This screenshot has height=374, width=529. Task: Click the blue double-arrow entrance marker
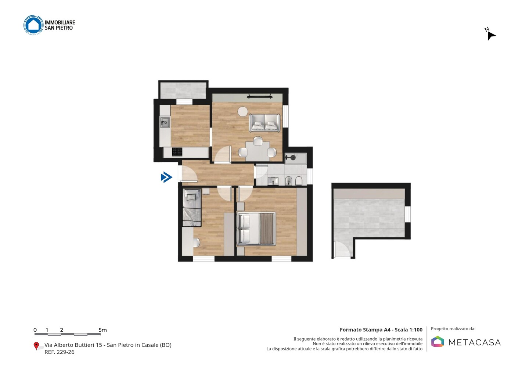pos(166,177)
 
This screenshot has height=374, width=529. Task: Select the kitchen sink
pos(165,123)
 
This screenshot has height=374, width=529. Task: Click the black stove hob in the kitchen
pos(177,152)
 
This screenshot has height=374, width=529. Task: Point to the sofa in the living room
pos(264,123)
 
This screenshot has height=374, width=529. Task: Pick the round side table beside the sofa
pos(242,111)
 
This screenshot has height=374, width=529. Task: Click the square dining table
pos(258,151)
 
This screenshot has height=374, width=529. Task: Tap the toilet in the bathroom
pos(299,181)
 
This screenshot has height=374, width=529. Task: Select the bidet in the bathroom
pos(289,181)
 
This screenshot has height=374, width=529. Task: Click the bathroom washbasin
pos(273,181)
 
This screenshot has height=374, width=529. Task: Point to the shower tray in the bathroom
pos(295,158)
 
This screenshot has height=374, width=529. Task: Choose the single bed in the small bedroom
pos(192,207)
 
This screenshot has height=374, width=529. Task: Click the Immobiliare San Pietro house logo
pos(33,25)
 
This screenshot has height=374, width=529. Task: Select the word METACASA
pos(475,343)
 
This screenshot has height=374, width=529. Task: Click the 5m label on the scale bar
pos(102,330)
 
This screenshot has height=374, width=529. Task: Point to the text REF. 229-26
pos(60,352)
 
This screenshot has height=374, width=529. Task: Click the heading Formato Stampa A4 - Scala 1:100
pos(381,330)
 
